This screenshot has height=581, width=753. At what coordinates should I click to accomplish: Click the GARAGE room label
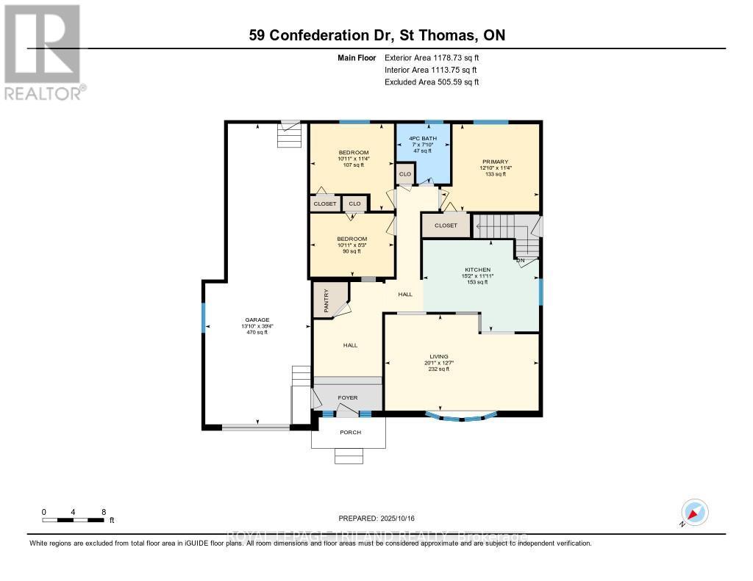click(x=257, y=320)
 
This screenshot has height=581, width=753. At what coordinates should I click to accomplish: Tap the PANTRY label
click(x=325, y=300)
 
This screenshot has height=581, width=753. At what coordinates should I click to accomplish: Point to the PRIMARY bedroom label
click(x=495, y=162)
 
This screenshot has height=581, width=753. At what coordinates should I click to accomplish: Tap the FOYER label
click(x=347, y=397)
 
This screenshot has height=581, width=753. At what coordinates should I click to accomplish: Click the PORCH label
click(x=350, y=432)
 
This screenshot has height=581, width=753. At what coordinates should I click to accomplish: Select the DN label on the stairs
click(x=520, y=260)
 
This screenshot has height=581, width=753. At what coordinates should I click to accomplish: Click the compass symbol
click(x=694, y=512)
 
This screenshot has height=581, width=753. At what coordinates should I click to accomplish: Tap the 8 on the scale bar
click(x=104, y=511)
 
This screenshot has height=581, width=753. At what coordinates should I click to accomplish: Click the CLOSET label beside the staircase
click(x=446, y=225)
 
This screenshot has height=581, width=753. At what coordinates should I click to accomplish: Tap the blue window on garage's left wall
click(x=204, y=319)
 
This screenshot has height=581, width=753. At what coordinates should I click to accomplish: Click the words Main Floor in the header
click(x=357, y=57)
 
